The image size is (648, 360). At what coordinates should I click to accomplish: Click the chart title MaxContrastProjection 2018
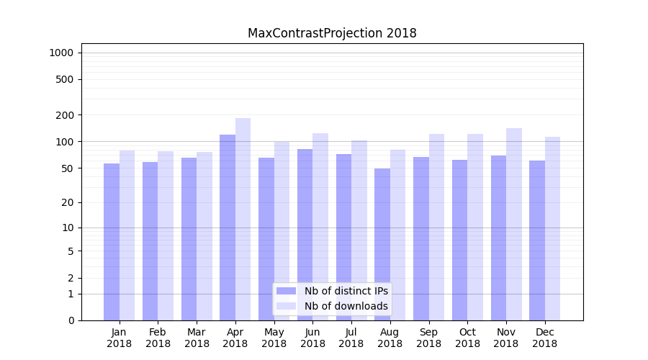click(332, 33)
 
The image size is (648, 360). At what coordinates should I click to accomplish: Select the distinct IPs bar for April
click(228, 227)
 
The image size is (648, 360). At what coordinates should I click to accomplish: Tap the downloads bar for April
click(243, 219)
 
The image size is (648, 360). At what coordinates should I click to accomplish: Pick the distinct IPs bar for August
click(382, 244)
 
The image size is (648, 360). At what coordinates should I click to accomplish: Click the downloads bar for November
click(514, 224)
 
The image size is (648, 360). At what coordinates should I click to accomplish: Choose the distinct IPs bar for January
click(112, 241)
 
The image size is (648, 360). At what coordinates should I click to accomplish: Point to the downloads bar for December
click(552, 228)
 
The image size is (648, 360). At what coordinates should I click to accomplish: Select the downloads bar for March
click(204, 235)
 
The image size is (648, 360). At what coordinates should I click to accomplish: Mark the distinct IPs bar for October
click(459, 240)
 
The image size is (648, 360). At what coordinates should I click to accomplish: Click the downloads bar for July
click(359, 230)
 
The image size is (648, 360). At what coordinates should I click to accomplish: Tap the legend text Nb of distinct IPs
click(346, 291)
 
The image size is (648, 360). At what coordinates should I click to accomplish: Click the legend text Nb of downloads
click(346, 306)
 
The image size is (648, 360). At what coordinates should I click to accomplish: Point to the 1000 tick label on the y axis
click(61, 53)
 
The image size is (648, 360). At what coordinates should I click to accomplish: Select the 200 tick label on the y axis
click(65, 115)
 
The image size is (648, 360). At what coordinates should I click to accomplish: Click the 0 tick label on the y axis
click(71, 320)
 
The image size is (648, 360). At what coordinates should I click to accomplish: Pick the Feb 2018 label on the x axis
click(158, 338)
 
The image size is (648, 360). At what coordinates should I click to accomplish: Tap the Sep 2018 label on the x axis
click(428, 338)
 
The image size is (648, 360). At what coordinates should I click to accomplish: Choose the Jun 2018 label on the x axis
click(312, 338)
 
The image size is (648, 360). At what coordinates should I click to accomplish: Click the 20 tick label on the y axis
click(68, 202)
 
